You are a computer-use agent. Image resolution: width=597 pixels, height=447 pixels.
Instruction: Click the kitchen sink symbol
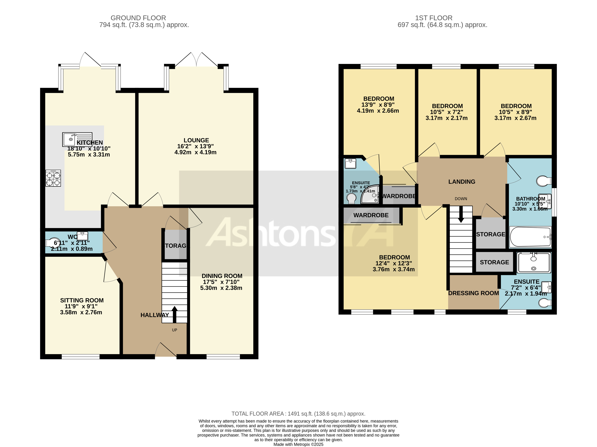pos(77,139)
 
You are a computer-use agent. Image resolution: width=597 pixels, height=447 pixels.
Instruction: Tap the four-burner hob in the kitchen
pos(53,178)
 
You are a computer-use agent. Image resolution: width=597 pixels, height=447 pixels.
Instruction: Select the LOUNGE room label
pos(196,140)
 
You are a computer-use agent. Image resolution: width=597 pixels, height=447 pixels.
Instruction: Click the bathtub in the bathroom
pos(530,237)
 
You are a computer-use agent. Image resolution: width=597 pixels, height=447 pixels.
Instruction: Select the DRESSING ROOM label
pos(473,293)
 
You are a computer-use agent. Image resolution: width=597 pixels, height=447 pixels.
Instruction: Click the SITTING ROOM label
pos(82,300)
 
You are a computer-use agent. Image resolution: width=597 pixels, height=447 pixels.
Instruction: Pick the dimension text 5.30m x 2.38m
pos(221,288)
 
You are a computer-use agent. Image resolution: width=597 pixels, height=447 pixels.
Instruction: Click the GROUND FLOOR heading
pos(138,18)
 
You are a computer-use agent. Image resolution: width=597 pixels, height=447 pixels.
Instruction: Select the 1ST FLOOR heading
pos(433,18)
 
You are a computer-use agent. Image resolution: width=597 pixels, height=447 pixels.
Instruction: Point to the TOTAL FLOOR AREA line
pos(298,413)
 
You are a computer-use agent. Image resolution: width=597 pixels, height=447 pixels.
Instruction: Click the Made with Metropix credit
pos(298,444)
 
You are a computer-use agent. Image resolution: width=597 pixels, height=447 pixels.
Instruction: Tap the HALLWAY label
pos(155,315)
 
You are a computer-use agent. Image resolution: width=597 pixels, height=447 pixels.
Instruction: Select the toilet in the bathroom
pos(543,181)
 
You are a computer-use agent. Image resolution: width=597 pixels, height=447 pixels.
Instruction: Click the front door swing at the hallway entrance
pos(165,350)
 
